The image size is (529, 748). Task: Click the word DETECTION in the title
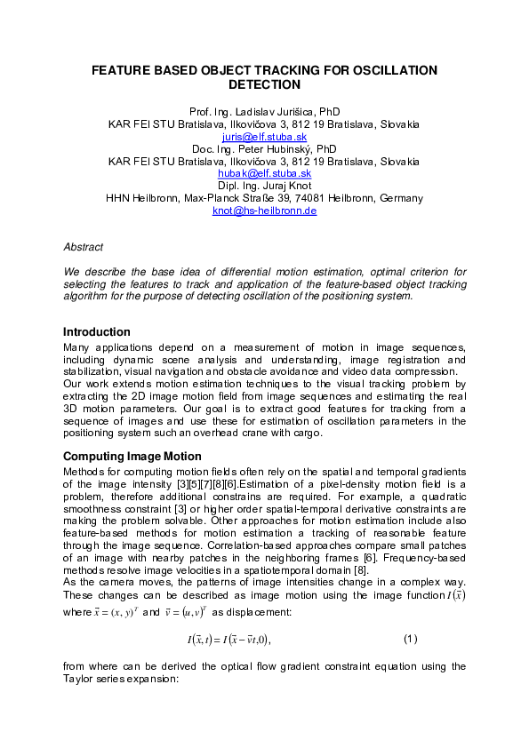(265, 85)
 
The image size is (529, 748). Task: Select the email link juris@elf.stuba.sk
(264, 137)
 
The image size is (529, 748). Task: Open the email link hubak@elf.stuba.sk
(264, 174)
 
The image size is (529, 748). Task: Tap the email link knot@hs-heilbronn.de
(264, 211)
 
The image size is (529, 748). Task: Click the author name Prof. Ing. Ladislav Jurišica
(264, 112)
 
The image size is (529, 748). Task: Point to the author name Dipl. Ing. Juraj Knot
(264, 186)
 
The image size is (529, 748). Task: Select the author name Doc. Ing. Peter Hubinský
(264, 149)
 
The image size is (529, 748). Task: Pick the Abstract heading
(84, 246)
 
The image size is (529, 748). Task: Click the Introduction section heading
(97, 331)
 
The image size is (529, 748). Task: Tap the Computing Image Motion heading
(132, 456)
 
